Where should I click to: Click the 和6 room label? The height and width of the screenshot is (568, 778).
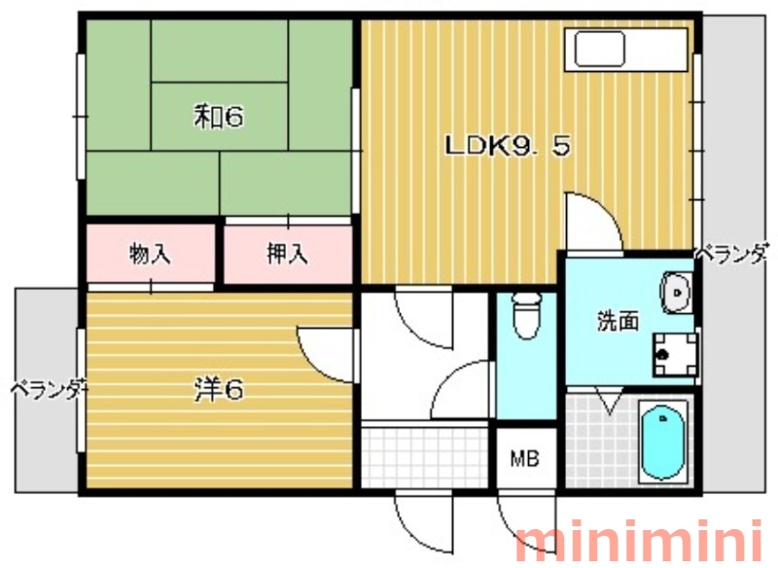pyautogui.click(x=218, y=117)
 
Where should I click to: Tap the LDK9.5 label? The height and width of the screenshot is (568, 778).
pyautogui.click(x=507, y=146)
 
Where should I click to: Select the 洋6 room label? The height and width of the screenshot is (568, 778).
pyautogui.click(x=218, y=389)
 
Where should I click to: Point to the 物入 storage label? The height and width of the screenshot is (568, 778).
pyautogui.click(x=150, y=254)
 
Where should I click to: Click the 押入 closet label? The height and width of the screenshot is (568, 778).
pyautogui.click(x=287, y=254)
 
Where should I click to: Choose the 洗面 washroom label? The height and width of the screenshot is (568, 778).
pyautogui.click(x=618, y=322)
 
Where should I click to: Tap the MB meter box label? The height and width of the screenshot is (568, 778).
pyautogui.click(x=525, y=459)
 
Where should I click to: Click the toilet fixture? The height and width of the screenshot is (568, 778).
pyautogui.click(x=526, y=315)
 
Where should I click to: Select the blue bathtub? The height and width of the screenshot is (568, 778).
pyautogui.click(x=663, y=443)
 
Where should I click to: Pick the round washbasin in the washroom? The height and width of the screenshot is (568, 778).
pyautogui.click(x=676, y=293)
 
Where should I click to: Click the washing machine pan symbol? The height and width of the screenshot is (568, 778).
pyautogui.click(x=675, y=355)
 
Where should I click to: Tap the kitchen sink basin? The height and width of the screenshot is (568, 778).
pyautogui.click(x=599, y=49)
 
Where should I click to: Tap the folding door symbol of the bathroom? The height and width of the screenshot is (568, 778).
pyautogui.click(x=610, y=401)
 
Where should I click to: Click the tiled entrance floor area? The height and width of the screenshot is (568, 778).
pyautogui.click(x=425, y=457)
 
